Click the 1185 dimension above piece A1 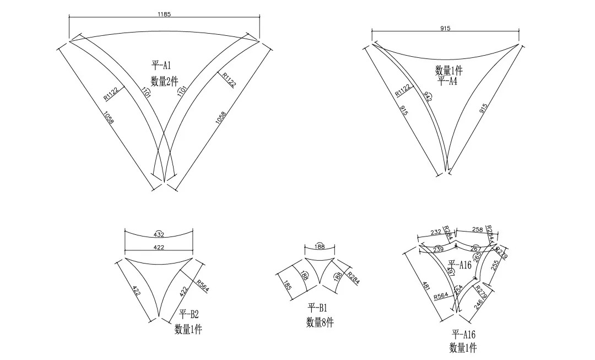(164, 14)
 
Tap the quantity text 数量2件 (164, 81)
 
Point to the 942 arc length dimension (427, 96)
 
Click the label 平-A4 (448, 81)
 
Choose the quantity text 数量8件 (320, 323)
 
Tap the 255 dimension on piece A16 (494, 266)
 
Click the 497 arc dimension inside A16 (452, 271)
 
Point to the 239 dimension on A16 (439, 249)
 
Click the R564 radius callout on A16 (440, 296)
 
